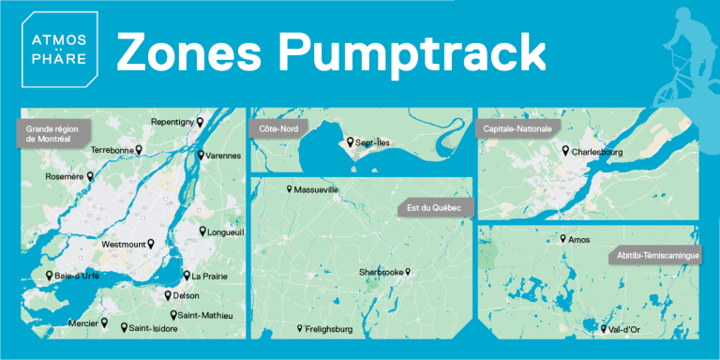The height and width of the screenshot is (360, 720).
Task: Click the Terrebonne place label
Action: point(112,149)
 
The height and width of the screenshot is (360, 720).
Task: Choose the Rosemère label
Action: point(65,176)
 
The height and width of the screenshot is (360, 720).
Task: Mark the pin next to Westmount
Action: point(151,243)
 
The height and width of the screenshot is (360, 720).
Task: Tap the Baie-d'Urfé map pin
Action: point(50,276)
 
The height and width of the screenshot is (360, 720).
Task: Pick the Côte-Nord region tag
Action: point(275,127)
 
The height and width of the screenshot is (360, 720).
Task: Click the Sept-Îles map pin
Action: point(351,142)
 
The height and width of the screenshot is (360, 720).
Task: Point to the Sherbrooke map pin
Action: point(409,272)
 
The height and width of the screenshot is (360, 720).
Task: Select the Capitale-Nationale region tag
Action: point(516,127)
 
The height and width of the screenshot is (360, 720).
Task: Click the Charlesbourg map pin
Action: point(565,150)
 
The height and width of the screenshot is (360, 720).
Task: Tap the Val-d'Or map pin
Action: point(604,328)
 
